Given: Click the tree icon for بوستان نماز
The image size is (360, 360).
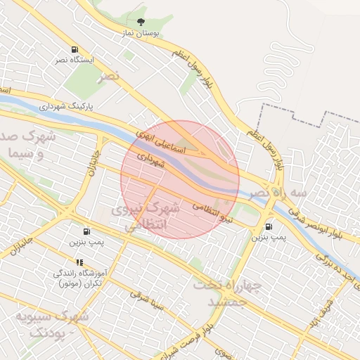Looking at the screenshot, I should pos(141,22).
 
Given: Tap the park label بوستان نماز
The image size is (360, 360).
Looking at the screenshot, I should pos(141,33).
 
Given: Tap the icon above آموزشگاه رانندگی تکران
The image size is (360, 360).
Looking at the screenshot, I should pos(79,262).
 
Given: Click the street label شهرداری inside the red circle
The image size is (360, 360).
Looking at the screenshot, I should pos(150,160).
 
